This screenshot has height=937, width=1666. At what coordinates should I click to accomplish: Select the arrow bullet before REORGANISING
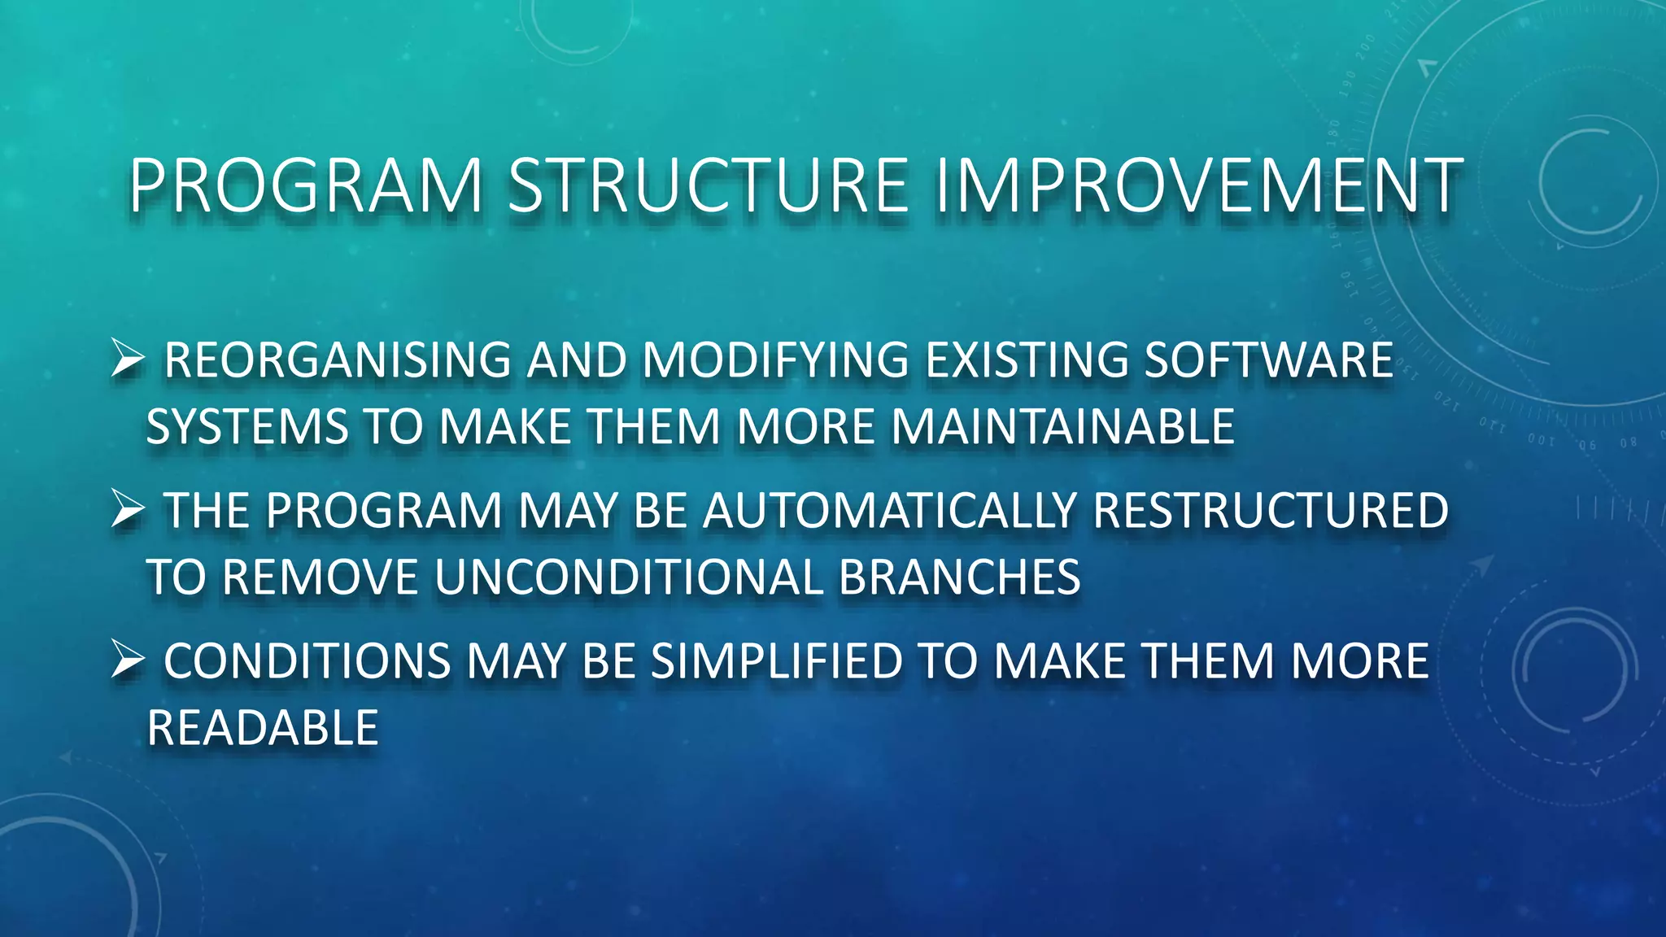(x=128, y=359)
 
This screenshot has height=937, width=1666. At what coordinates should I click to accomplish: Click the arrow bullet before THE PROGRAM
(x=128, y=510)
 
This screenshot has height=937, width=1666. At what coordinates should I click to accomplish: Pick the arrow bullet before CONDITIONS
(x=128, y=660)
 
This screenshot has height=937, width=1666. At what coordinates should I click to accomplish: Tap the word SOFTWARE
(x=1268, y=360)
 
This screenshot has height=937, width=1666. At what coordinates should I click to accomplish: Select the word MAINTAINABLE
(x=1063, y=426)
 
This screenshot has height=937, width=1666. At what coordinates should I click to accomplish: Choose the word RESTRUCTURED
(x=1270, y=511)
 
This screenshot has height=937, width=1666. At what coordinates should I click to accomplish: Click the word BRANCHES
(x=959, y=577)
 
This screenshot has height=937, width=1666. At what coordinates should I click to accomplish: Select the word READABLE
(x=263, y=727)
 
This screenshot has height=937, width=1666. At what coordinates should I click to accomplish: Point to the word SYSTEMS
(x=246, y=426)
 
